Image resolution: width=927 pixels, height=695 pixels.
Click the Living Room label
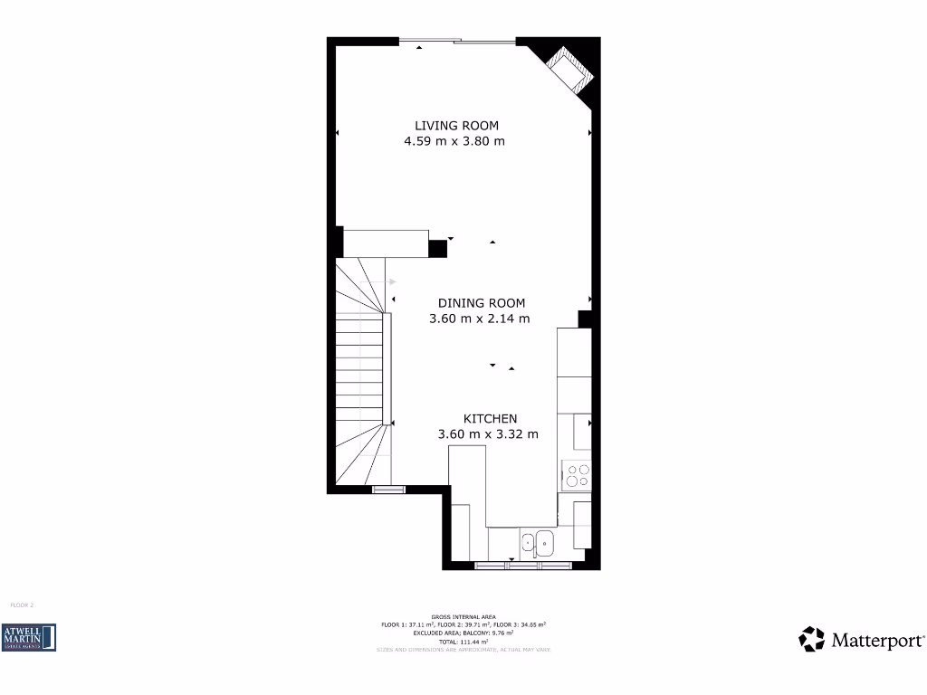pos(456,126)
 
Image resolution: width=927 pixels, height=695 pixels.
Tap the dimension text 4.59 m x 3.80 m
pos(454,141)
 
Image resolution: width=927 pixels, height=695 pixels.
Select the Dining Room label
pos(481,303)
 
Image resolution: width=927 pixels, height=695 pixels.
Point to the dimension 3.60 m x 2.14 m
pos(479,319)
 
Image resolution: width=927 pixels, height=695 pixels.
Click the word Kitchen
pos(490,418)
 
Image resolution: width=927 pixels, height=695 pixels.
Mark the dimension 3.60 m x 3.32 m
pos(488,433)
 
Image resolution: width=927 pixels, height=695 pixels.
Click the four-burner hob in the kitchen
pos(578,475)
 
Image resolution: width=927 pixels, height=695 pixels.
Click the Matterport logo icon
pos(812,639)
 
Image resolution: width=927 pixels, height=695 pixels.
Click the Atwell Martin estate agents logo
pos(29,636)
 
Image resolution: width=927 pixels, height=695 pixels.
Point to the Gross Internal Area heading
pos(463,617)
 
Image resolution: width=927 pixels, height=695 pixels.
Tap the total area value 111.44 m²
pos(463,642)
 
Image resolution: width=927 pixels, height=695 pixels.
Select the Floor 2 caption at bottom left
pos(21,605)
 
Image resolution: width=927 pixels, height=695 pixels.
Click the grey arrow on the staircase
pos(393,281)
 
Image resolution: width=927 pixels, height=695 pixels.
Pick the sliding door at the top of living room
pos(457,41)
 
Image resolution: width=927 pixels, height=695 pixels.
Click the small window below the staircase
pos(388,489)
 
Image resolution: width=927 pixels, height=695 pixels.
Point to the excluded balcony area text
pos(463,633)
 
